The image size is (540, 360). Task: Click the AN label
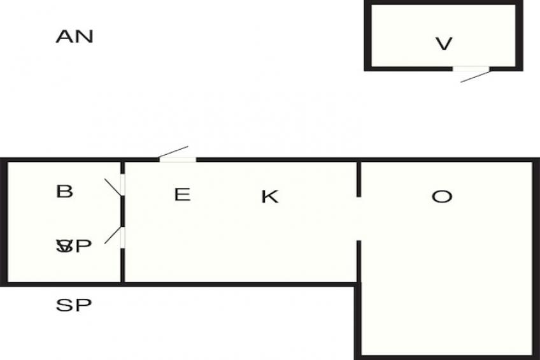pos(75,36)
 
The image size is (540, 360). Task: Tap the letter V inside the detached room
pos(444,44)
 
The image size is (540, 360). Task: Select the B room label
pos(65,191)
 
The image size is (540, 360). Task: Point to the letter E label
pos(182,194)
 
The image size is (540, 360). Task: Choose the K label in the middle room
pos(270,197)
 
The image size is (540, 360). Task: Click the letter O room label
pos(441,197)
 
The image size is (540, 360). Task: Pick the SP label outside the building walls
pos(75,305)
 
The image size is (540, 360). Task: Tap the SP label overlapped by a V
pos(75,246)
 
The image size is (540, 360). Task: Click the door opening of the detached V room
pos(471,68)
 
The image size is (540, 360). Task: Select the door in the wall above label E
pos(177,159)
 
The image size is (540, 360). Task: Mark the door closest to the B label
pos(122,185)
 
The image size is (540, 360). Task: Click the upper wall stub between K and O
pos(359,180)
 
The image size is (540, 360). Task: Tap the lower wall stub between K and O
pos(359,261)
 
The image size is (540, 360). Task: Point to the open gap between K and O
pos(359,219)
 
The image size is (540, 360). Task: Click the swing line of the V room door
pos(475,76)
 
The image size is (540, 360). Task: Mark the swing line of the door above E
pos(173,152)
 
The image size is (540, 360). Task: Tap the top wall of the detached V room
pos(443,3)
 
